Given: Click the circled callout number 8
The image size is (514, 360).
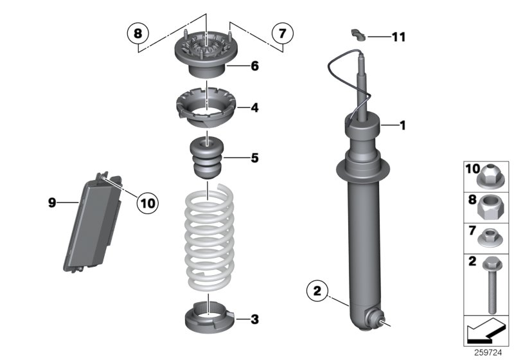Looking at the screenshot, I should tap(138, 32).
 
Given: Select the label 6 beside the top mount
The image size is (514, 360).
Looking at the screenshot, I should tap(255, 66).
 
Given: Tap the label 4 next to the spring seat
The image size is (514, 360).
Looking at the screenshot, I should tap(255, 108).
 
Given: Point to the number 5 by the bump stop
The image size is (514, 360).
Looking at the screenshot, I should tap(255, 157).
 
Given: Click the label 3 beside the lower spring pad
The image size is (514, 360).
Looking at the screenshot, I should tap(255, 318).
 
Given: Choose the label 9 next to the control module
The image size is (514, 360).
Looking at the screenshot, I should tap(52, 203).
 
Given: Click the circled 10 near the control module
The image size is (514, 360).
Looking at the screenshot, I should tap(147, 203).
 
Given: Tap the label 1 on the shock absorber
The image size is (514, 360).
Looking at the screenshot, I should tap(403, 125).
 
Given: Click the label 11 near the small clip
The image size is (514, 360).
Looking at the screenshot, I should tap(398, 37).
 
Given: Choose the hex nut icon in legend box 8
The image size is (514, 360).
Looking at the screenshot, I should tap(492, 206).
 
